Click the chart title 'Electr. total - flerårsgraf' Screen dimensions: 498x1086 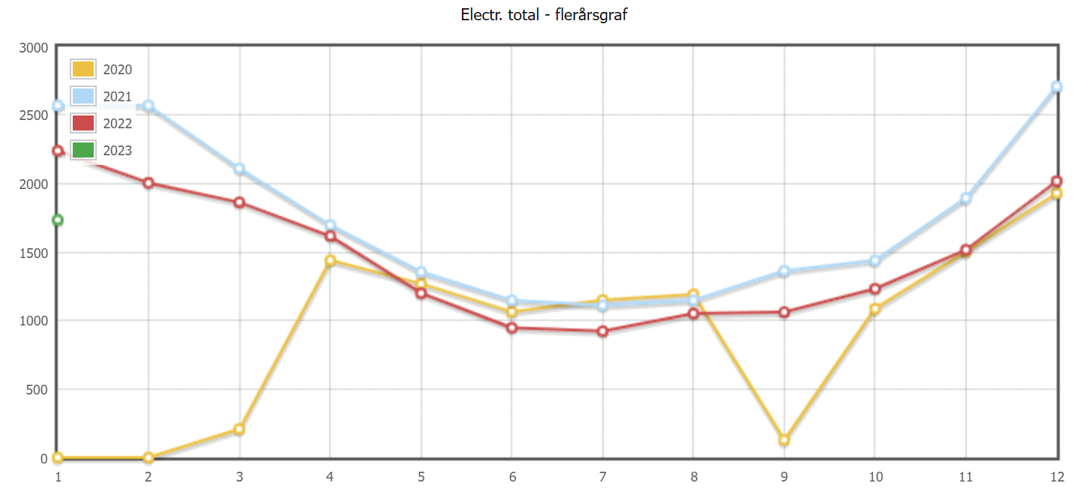pyautogui.click(x=543, y=14)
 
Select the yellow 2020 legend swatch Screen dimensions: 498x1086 pyautogui.click(x=82, y=69)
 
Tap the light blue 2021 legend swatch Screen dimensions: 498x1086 pyautogui.click(x=82, y=96)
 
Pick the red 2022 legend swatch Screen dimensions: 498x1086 pyautogui.click(x=82, y=123)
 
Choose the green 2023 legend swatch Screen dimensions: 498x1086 pyautogui.click(x=82, y=150)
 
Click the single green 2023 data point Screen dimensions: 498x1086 pyautogui.click(x=58, y=220)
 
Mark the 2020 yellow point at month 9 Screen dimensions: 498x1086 pyautogui.click(x=784, y=440)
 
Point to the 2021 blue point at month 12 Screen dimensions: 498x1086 pyautogui.click(x=1057, y=87)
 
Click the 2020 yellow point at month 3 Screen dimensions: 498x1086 pyautogui.click(x=239, y=429)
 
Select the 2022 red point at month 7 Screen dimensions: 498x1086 pyautogui.click(x=602, y=331)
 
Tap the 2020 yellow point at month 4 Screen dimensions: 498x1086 pyautogui.click(x=330, y=261)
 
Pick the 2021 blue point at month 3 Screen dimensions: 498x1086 pyautogui.click(x=239, y=169)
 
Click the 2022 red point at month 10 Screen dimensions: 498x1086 pyautogui.click(x=874, y=289)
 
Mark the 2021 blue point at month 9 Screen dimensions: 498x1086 pyautogui.click(x=784, y=271)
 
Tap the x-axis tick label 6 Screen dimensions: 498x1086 pyautogui.click(x=511, y=476)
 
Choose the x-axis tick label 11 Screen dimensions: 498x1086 pyautogui.click(x=965, y=476)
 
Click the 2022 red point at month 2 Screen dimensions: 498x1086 pyautogui.click(x=148, y=183)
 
